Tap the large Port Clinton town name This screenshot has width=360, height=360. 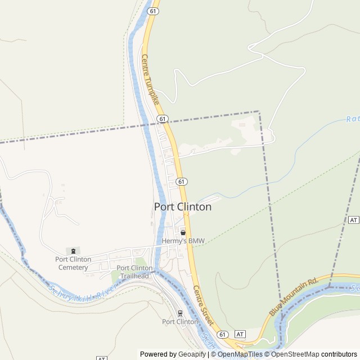pyautogui.click(x=183, y=207)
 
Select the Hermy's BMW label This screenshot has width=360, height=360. pyautogui.click(x=183, y=241)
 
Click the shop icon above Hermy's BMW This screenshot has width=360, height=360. pyautogui.click(x=183, y=232)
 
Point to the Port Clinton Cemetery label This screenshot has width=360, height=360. pyautogui.click(x=73, y=263)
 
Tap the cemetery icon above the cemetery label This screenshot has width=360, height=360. pyautogui.click(x=73, y=251)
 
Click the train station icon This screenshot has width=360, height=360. pyautogui.click(x=180, y=313)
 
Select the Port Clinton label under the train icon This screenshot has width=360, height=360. pyautogui.click(x=180, y=322)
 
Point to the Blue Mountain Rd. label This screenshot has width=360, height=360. pyautogui.click(x=294, y=296)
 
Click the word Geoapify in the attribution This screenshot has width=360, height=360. pyautogui.click(x=192, y=354)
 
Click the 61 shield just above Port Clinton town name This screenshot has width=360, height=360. pyautogui.click(x=181, y=181)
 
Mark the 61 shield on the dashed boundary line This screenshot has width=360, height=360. pyautogui.click(x=163, y=119)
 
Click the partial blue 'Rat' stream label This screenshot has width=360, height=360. pyautogui.click(x=353, y=119)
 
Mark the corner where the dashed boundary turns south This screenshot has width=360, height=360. pyautogui.click(x=259, y=111)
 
